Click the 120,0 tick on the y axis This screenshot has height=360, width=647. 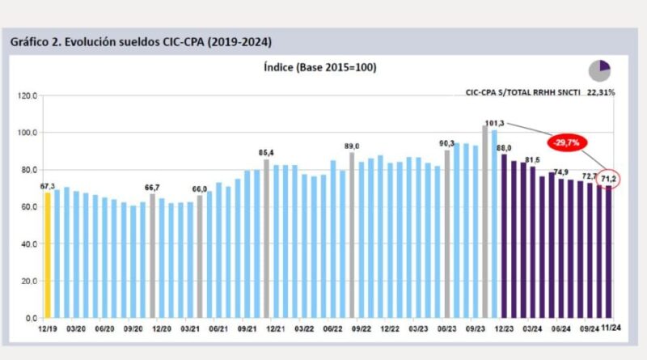point(27,95)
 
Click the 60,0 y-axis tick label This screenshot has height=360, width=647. point(28,207)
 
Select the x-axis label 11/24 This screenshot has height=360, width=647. point(611,329)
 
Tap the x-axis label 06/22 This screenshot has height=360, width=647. point(332,329)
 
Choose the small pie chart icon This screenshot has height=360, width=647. point(599,70)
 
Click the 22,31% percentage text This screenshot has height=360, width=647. point(600,92)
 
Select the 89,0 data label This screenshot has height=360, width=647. point(352,146)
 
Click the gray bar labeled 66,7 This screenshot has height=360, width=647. point(152,256)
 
